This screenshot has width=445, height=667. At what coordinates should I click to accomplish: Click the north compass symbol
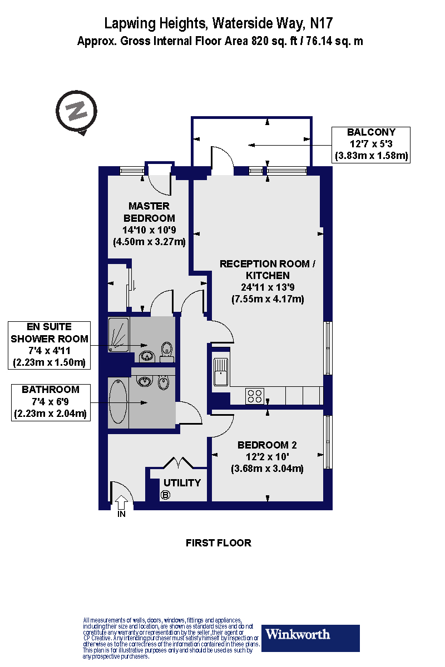77,111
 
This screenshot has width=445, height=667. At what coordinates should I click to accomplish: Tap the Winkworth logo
310,638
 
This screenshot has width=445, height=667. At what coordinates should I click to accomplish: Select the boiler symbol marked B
165,494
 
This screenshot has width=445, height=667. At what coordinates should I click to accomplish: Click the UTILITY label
182,482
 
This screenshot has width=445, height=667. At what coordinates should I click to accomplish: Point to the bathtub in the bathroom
117,403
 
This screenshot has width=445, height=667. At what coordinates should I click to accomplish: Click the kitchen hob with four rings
255,396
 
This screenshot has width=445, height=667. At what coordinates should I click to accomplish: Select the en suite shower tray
118,335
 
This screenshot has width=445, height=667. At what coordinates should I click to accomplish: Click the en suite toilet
166,350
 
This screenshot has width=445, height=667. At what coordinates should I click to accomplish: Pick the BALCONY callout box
371,145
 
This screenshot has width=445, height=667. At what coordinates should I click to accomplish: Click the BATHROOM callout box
51,402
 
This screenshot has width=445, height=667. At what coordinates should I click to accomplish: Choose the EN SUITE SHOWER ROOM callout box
50,345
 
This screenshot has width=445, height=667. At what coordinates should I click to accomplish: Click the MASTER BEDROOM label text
149,212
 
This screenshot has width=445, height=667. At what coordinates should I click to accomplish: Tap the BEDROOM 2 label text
267,445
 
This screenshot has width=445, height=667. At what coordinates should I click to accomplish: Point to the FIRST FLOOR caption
219,542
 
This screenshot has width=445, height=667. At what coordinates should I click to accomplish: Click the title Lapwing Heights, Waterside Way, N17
220,24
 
